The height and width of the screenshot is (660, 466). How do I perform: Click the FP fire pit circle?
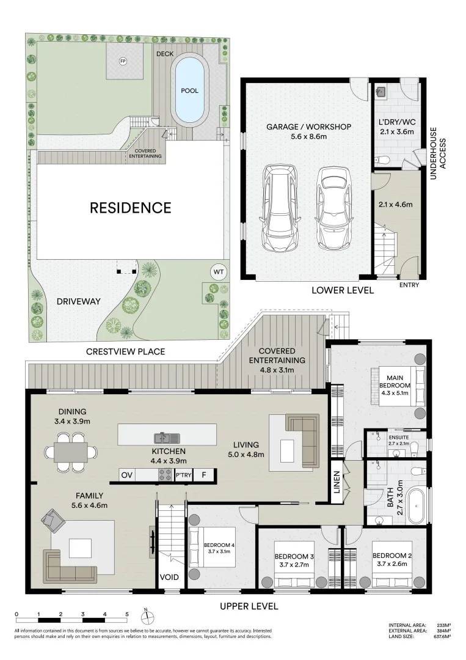[x=123, y=61]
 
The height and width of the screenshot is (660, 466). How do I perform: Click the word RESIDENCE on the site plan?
[x=130, y=208]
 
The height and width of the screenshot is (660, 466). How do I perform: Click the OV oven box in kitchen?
[x=127, y=475]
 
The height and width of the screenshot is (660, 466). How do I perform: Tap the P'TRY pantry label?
[x=183, y=475]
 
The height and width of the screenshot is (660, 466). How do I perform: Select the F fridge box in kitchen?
[x=204, y=475]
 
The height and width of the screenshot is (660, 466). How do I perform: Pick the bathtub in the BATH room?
[x=417, y=506]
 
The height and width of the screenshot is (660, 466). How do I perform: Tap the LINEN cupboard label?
[x=336, y=486]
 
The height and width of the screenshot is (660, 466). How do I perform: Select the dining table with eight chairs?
[x=70, y=452]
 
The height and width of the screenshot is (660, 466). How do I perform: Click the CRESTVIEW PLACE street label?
[x=125, y=352]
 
